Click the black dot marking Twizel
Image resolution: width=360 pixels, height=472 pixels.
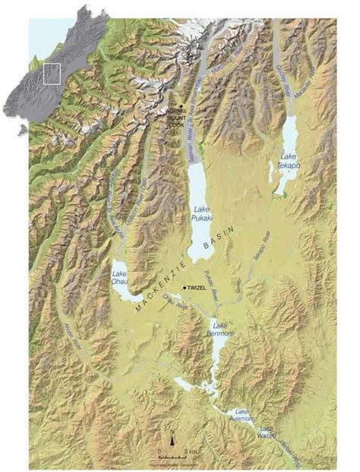coord(185,288)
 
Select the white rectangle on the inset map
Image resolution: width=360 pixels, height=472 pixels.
coord(52,74)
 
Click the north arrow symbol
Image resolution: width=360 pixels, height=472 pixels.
coord(173,439)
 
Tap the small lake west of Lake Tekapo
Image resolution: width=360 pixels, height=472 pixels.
coord(270,171)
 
